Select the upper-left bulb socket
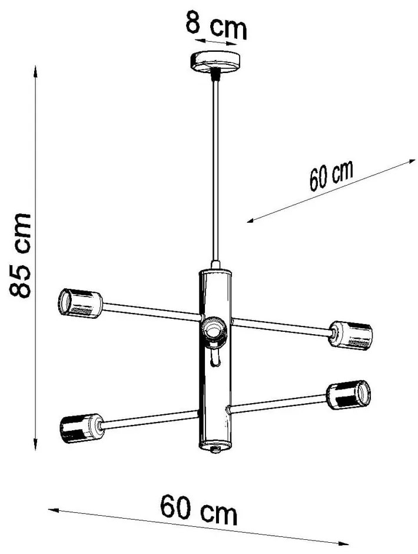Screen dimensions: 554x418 point(79,302)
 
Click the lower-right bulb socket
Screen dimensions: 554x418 point(350,395)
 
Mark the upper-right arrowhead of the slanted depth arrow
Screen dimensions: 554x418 point(412,160)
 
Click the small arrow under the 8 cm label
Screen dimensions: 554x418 point(216,42)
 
